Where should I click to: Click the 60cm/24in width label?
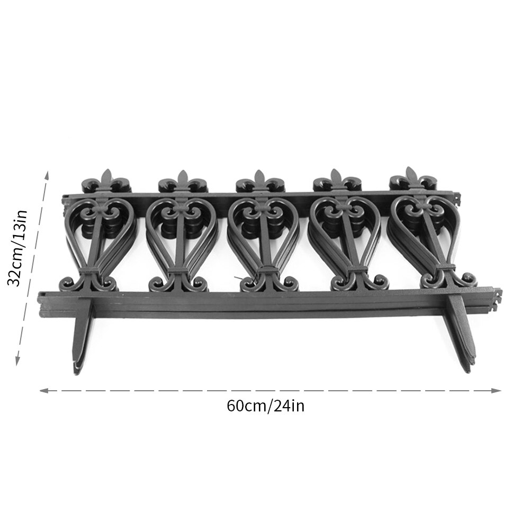click(265, 406)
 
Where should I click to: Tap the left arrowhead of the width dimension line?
click(43, 391)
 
